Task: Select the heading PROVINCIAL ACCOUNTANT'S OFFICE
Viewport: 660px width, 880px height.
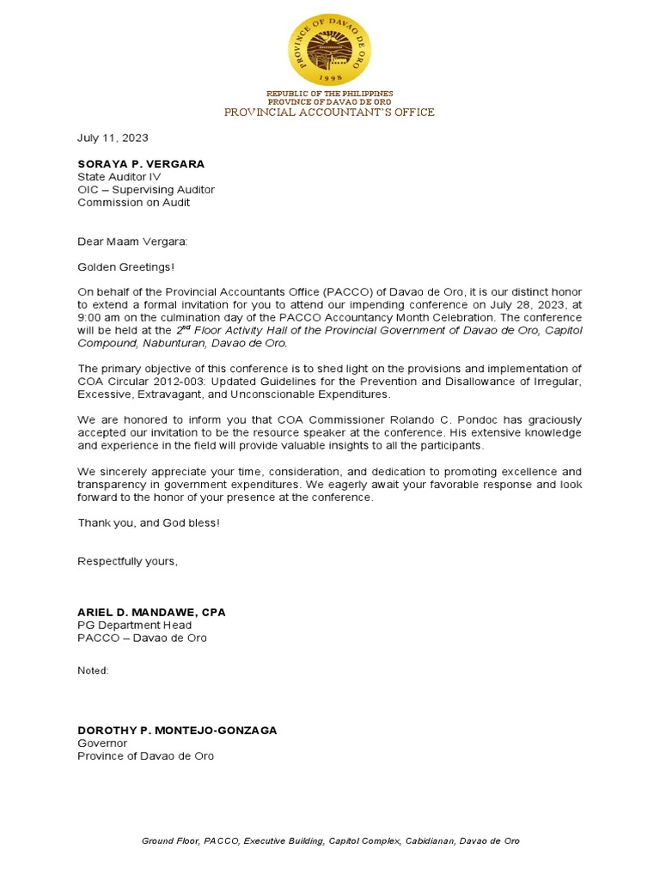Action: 329,112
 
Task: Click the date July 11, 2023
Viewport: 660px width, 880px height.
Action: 113,137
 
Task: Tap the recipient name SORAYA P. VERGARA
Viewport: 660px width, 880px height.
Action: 141,163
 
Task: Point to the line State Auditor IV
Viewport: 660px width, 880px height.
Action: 119,176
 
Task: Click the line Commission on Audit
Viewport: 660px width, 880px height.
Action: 133,203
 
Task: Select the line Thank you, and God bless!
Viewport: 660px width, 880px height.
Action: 149,522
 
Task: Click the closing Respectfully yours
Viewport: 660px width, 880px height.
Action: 127,561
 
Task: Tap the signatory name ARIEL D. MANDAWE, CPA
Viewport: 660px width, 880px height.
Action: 151,613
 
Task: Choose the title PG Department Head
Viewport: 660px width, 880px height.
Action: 134,626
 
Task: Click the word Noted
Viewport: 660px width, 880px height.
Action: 93,670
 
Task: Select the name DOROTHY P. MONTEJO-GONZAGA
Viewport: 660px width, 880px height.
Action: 177,730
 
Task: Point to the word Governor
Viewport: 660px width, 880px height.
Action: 102,742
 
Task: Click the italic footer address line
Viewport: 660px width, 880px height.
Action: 330,840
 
